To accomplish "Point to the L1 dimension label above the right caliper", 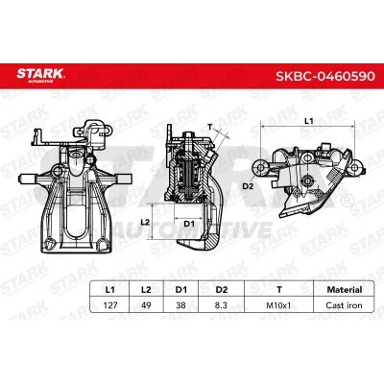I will click(308, 120).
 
